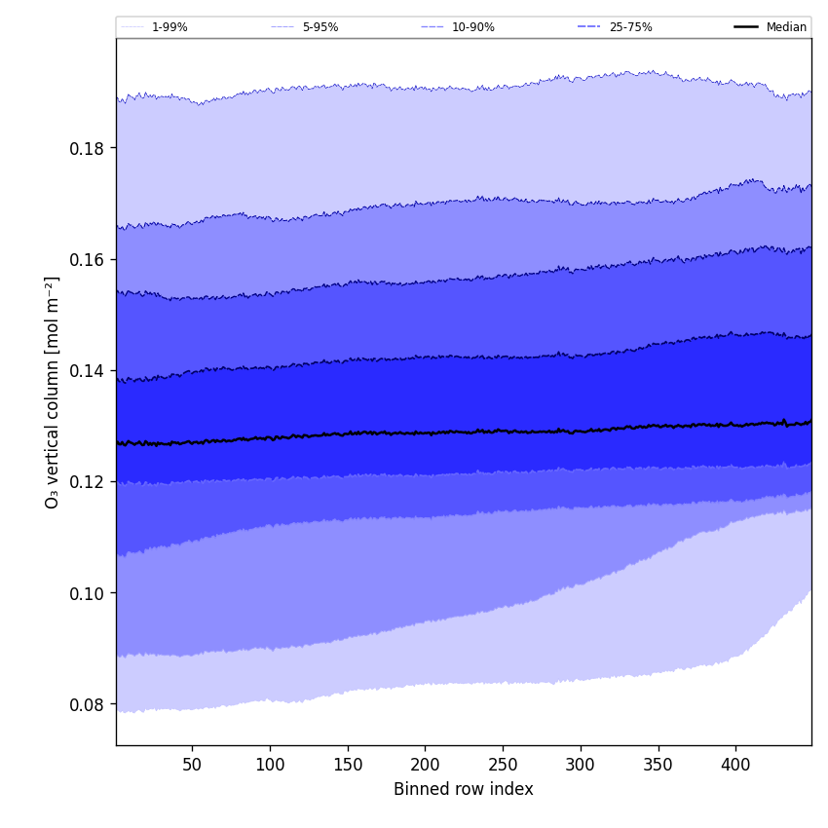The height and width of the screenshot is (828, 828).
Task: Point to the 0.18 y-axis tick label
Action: (87, 148)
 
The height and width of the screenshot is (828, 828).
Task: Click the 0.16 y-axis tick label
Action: (87, 260)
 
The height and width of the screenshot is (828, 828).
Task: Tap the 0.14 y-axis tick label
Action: (87, 371)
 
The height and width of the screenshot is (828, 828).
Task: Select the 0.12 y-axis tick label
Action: (87, 482)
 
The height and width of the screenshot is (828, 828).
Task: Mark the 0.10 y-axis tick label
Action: (87, 593)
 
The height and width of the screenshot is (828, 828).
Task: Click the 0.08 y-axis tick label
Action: (87, 704)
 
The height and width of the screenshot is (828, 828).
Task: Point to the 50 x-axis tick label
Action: (192, 765)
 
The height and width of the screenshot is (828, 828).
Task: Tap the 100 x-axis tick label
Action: (270, 765)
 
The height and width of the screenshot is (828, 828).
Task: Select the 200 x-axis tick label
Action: (425, 765)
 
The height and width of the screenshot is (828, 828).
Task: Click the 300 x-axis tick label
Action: (581, 765)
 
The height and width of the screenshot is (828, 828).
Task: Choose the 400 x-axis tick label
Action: (735, 765)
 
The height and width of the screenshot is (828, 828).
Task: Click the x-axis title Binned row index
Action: (464, 790)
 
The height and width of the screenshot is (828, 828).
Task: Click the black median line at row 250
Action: (503, 431)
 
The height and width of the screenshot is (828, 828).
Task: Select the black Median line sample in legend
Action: (746, 27)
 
